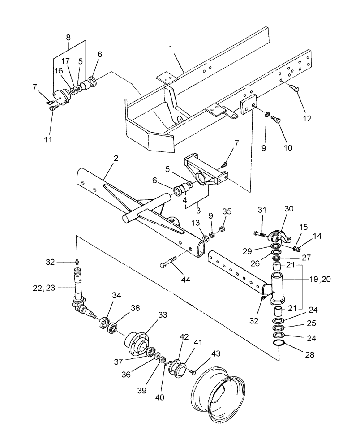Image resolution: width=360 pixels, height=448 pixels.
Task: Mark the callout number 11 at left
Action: (48, 140)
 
